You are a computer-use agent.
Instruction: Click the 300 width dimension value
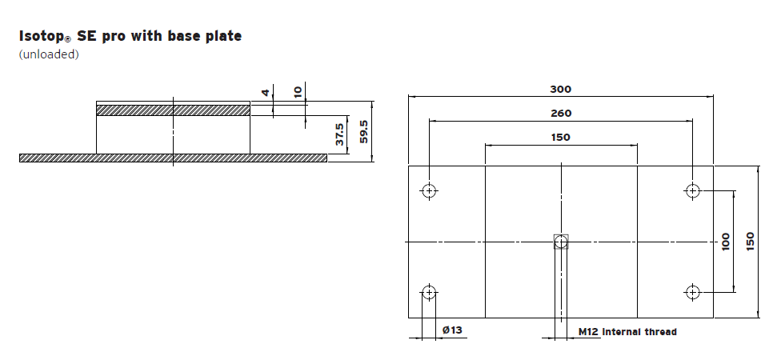[x=560, y=89]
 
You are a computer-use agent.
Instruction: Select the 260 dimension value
[x=560, y=114]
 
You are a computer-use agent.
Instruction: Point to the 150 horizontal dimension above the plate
[x=560, y=138]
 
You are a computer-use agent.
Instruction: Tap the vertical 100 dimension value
[x=726, y=241]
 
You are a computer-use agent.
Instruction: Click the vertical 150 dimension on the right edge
[x=750, y=241]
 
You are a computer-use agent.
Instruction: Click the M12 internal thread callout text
[x=627, y=331]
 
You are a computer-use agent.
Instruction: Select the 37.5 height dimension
[x=340, y=136]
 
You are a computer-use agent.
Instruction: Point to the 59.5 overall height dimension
[x=364, y=131]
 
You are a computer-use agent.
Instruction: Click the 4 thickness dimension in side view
[x=266, y=92]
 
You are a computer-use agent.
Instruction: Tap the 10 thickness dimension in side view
[x=298, y=92]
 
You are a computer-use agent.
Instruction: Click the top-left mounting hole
[x=430, y=190]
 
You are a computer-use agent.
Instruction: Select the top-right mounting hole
[x=692, y=190]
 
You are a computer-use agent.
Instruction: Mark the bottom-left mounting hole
[x=430, y=291]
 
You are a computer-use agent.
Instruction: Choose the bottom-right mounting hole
[x=692, y=291]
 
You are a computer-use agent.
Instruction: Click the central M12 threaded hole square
[x=561, y=241]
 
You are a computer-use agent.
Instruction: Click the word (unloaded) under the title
[x=49, y=54]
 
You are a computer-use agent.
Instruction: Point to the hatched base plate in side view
[x=173, y=158]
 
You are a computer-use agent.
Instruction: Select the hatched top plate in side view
[x=173, y=110]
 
